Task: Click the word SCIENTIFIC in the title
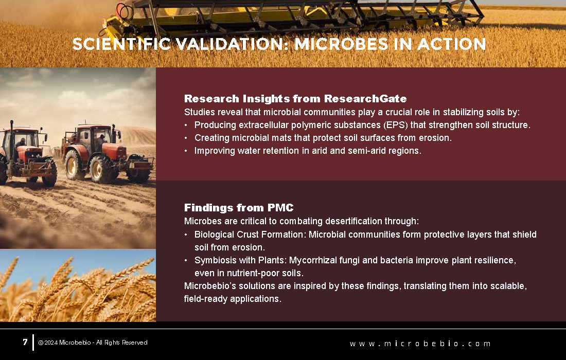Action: click(121, 44)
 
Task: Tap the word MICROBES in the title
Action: click(341, 44)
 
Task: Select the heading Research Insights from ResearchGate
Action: click(295, 98)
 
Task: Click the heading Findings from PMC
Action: click(239, 207)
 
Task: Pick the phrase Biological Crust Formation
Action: click(249, 235)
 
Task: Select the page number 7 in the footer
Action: click(25, 342)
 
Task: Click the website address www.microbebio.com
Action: click(420, 344)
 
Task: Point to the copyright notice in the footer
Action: click(93, 343)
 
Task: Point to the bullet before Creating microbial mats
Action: click(186, 138)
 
